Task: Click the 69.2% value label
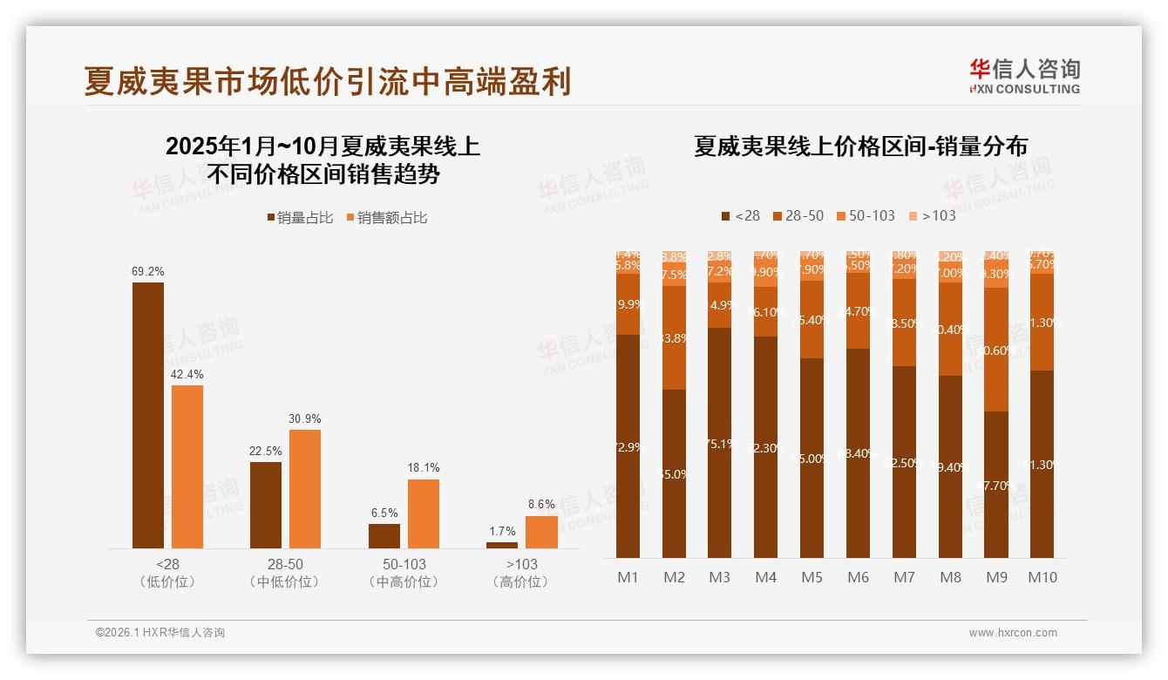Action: [x=148, y=272]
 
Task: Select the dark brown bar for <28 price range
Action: [x=148, y=415]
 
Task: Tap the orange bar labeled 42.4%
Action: [x=187, y=466]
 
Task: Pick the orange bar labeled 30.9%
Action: [x=305, y=488]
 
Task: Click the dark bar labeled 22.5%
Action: [x=266, y=505]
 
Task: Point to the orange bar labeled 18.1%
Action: [x=424, y=513]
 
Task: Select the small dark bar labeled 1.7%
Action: [x=502, y=545]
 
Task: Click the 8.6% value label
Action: [x=541, y=505]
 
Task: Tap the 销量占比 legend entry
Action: [x=300, y=218]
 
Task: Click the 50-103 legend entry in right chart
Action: [x=866, y=215]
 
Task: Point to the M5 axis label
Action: [x=811, y=577]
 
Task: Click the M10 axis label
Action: [x=1042, y=577]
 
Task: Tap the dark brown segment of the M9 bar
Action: [x=996, y=484]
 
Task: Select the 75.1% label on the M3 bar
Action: [x=720, y=444]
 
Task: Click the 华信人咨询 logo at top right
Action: [x=1024, y=76]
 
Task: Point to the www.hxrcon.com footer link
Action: [x=1013, y=633]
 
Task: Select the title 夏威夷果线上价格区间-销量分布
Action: [x=860, y=146]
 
